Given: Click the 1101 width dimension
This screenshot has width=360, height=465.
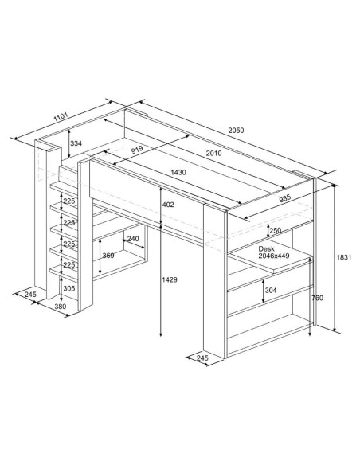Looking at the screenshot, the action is pos(61,117).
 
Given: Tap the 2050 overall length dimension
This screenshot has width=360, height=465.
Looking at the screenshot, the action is pos(236,130).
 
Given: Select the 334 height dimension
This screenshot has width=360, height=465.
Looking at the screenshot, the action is pos(76,143).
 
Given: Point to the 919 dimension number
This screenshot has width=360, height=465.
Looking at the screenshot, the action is pos(137,150).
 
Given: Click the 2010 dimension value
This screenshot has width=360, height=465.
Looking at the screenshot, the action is pos(213,153).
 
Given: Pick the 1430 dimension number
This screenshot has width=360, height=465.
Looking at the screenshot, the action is pos(178,172).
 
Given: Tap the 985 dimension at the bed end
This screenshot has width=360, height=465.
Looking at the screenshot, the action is pos(285,197).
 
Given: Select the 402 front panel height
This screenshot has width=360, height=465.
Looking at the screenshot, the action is pos(168,205).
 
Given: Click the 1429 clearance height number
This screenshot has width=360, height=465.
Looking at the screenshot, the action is pos(170,279).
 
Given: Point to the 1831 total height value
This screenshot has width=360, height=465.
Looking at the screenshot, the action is pos(344,257).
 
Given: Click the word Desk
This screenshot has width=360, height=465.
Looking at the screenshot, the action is pos(266,248).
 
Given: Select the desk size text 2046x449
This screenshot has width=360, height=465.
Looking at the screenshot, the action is pos(274,256).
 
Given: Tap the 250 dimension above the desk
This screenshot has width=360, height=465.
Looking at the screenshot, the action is pos(276,230).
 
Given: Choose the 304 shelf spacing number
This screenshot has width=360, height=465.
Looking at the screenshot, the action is pos(271,290).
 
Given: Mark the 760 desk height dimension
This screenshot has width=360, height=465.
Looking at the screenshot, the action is pos(317,298).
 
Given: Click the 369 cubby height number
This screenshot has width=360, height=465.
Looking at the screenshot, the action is pos(108,255).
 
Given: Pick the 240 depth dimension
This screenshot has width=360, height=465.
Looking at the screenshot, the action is pos(133,239).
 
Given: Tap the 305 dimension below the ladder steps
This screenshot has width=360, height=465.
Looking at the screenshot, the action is pos(69,288).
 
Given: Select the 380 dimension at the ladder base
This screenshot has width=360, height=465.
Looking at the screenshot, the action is pos(61,307).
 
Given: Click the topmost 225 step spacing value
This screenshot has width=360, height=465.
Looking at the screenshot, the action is pos(69,201).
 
